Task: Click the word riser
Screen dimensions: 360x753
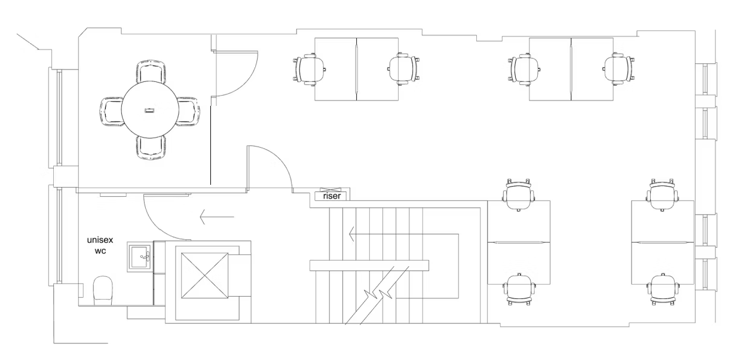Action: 332,196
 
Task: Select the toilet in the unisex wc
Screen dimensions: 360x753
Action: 103,289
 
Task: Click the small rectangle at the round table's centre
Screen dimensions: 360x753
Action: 149,110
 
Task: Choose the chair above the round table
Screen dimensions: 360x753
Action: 150,72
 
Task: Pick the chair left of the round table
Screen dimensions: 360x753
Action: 111,111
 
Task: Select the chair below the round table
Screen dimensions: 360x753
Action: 150,147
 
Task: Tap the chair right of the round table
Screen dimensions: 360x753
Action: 188,111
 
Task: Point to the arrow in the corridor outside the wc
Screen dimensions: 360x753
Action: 213,217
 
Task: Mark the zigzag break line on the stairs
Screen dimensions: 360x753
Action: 376,287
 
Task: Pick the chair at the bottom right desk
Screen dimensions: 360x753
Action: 663,289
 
